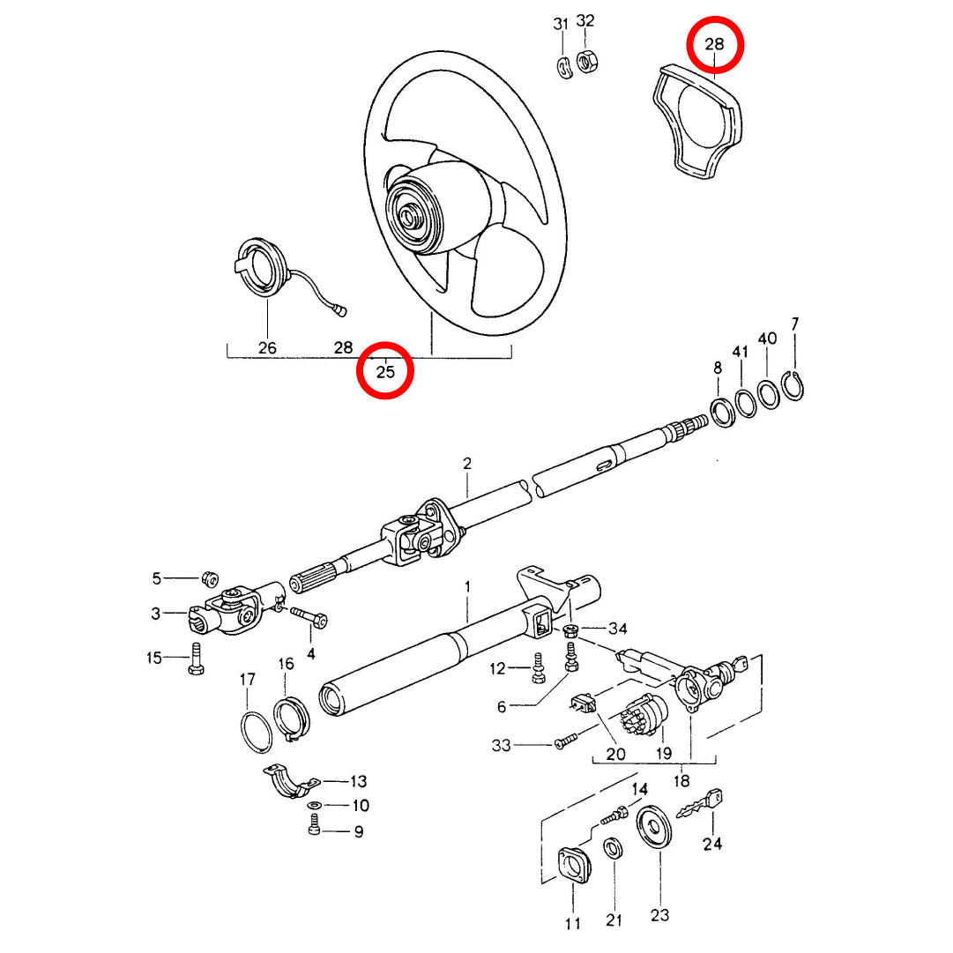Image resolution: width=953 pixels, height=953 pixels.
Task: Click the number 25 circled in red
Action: click(385, 371)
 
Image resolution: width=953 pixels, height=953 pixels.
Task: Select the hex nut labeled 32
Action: click(585, 62)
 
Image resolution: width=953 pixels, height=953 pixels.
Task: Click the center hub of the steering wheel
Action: click(412, 215)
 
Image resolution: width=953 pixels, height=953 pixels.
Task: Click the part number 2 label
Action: click(467, 464)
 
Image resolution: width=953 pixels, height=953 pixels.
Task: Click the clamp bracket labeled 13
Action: click(290, 782)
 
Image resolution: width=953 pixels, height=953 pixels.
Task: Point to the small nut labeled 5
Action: click(210, 579)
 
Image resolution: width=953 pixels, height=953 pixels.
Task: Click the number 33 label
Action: click(501, 746)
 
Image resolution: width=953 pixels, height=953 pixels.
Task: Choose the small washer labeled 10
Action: click(315, 806)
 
